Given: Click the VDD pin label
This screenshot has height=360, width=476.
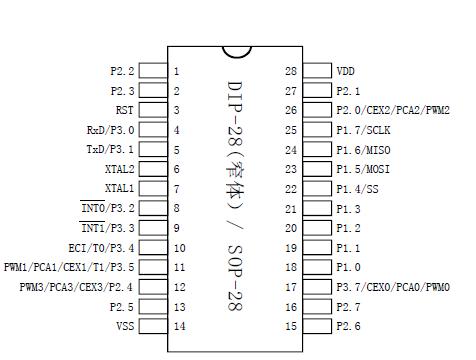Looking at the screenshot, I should tap(345, 72).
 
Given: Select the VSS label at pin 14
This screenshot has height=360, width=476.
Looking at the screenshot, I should tap(125, 326).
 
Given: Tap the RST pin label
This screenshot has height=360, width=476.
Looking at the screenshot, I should tap(124, 111).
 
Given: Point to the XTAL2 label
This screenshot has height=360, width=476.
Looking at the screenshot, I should tap(119, 169).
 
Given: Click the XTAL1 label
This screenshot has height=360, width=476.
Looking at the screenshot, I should tap(119, 188).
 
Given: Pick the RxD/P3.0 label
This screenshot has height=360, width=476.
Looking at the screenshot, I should tap(110, 130).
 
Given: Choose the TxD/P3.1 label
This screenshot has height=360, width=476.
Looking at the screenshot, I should tap(110, 149).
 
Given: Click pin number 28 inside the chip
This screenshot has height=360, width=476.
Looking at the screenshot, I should tap(291, 72).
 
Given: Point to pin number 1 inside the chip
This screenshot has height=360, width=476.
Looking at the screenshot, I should tap(177, 72).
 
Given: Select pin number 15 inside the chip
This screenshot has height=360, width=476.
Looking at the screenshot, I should tap(291, 326).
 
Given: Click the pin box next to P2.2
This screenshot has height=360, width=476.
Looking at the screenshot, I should tap(152, 71).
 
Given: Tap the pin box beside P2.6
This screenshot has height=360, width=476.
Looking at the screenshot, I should tap(317, 326).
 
